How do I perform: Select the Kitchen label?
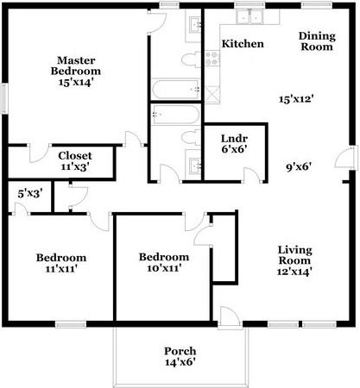tap(243, 43)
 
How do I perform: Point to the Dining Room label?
tap(316, 42)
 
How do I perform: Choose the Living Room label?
tap(294, 255)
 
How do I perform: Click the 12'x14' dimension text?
tap(294, 271)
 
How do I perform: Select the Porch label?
tap(180, 351)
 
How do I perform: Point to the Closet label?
tap(75, 155)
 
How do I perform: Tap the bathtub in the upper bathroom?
tap(176, 89)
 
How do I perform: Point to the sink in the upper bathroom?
tap(193, 23)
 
